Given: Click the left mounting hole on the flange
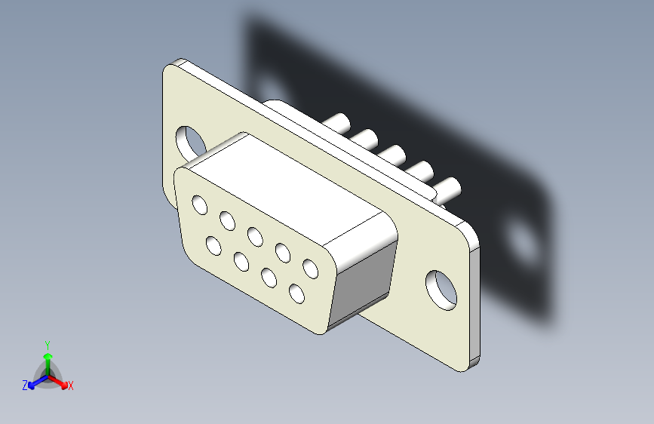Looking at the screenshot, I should coord(192,142).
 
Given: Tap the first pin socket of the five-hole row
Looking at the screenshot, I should coord(200,204).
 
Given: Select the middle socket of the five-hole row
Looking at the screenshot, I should coord(255,237).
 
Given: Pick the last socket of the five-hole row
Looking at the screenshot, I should coord(310,268).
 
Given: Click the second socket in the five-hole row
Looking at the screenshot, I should coord(227,220).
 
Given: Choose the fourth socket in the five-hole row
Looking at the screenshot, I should coord(283,252).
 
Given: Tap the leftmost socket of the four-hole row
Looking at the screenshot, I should coord(213,246).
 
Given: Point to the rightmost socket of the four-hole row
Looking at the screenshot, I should coord(296,293).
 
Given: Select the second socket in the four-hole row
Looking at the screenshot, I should coord(241,262).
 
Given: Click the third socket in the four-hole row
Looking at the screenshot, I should coord(269,277).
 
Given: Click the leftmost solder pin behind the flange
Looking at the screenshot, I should coord(336,123).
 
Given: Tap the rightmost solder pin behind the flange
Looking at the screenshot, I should coord(447,189).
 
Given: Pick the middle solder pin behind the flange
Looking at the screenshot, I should coord(391,155).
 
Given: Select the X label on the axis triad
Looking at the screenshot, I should coord(71,386).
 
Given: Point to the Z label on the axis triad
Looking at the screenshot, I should coord(25,386).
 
